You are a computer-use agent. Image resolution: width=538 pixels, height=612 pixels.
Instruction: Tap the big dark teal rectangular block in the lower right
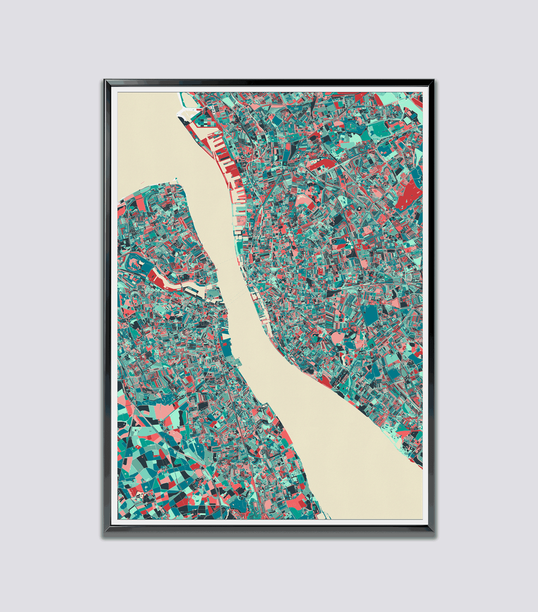370,316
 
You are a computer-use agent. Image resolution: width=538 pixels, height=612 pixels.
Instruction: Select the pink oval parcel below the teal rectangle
338,338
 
